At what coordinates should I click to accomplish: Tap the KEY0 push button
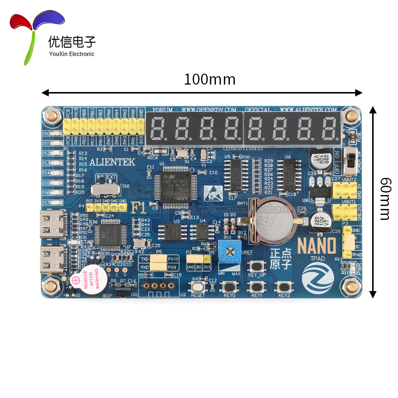230,287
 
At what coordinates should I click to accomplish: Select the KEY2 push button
284,287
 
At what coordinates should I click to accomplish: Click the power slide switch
351,160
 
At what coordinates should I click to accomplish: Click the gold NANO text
316,246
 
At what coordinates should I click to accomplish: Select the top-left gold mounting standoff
51,117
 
